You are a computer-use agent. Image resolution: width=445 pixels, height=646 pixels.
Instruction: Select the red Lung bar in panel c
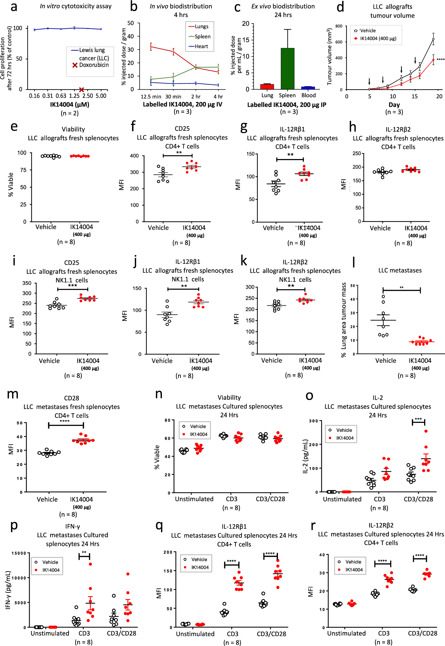tap(267, 86)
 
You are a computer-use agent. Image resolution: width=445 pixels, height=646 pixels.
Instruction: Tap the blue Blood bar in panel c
tap(308, 87)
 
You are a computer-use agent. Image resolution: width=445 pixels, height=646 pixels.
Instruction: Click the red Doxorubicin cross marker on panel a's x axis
tap(81, 90)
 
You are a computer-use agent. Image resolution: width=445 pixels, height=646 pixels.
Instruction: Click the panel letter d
tap(340, 7)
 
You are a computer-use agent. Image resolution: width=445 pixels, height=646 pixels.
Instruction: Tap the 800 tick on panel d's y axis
tap(339, 26)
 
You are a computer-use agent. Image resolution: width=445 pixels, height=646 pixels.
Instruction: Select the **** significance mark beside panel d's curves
tap(440, 59)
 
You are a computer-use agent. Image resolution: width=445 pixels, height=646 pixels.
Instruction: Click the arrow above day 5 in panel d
tap(369, 81)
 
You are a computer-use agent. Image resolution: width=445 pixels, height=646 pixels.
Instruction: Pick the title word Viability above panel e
tap(73, 129)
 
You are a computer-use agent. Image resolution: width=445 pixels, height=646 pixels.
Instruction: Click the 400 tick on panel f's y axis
tap(134, 156)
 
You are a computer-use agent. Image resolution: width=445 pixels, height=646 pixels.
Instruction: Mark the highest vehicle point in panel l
tap(383, 296)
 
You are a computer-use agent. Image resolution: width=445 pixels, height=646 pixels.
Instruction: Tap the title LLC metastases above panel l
tap(400, 270)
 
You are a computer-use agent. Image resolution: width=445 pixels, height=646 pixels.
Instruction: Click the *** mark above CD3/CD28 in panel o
tap(418, 419)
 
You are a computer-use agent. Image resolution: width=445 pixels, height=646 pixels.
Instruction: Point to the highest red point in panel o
tap(426, 431)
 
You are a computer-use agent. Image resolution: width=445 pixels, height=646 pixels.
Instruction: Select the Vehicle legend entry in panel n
tap(197, 426)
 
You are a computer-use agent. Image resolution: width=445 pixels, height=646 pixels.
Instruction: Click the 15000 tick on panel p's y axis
tap(19, 553)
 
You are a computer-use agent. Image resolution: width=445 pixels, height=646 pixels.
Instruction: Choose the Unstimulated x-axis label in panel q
tap(195, 634)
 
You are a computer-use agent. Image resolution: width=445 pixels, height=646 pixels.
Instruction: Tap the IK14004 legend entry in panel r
tap(353, 570)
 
